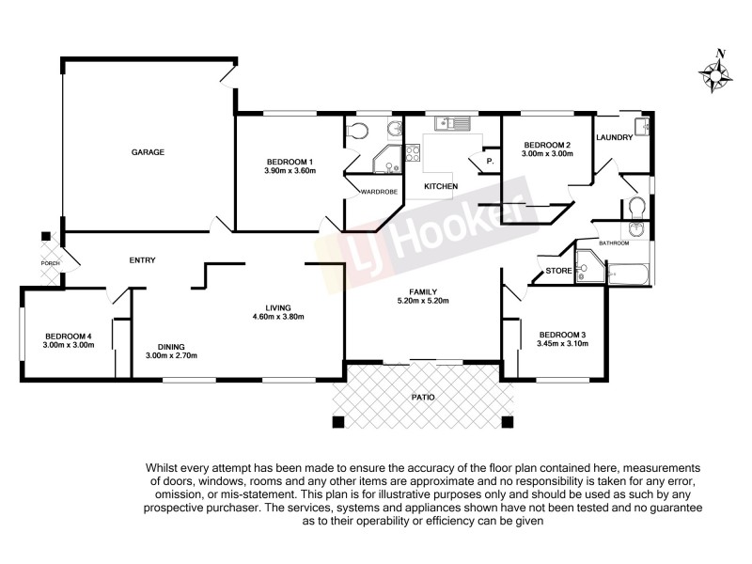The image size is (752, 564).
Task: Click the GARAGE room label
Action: (x=148, y=151)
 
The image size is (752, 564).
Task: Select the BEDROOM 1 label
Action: (x=290, y=163)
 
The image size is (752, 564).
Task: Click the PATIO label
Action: (x=424, y=398)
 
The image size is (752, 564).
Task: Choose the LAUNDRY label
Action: (x=613, y=138)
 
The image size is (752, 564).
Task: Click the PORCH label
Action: (x=50, y=263)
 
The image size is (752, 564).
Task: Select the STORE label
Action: (x=557, y=273)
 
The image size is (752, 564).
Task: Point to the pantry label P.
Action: (x=490, y=162)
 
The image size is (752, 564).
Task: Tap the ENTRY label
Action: (x=143, y=260)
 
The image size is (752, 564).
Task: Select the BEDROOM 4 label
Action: (x=68, y=336)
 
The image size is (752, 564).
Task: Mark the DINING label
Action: (x=171, y=345)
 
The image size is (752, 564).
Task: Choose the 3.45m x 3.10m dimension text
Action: (x=563, y=344)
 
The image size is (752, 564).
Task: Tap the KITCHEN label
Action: (x=441, y=186)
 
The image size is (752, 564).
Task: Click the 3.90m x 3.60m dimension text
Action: (x=290, y=172)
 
